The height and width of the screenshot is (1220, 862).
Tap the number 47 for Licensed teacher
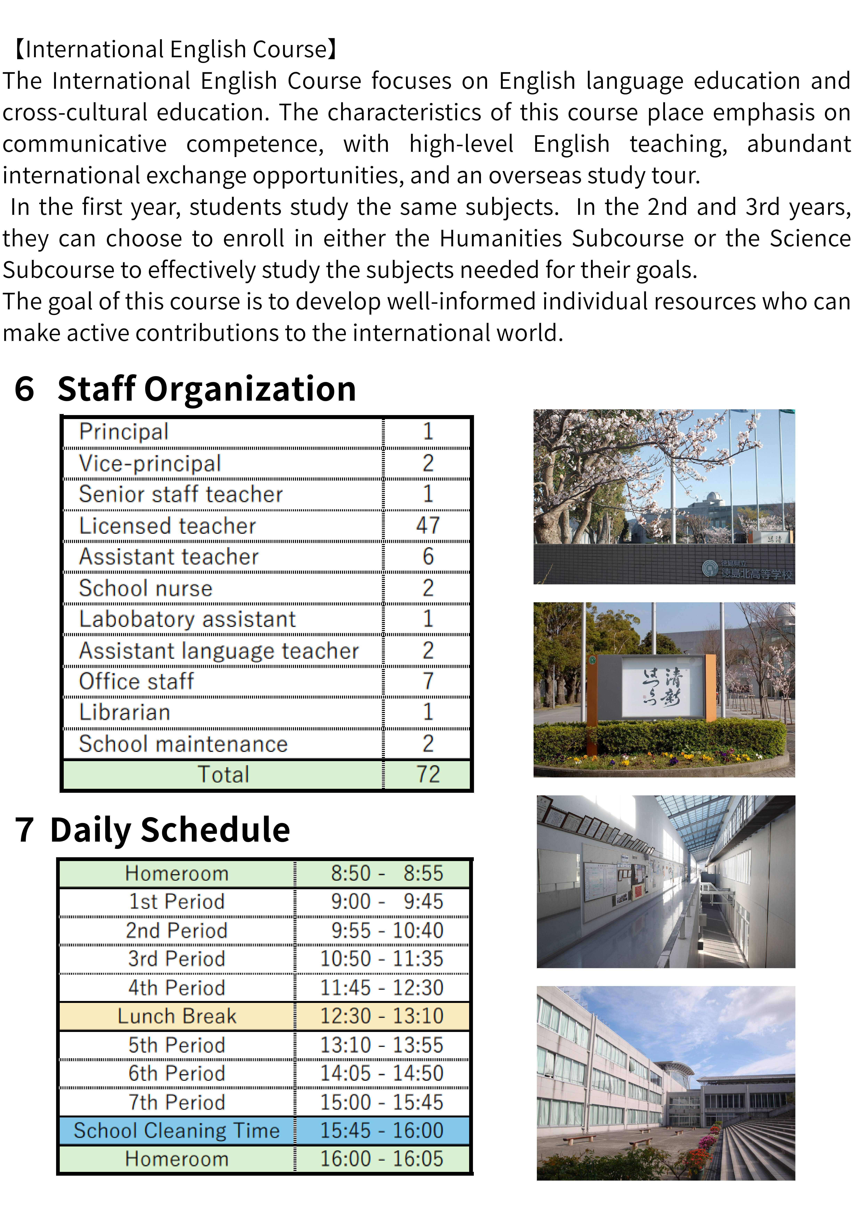428,525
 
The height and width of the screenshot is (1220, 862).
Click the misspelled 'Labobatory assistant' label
187,620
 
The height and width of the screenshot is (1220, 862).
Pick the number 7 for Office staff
428,681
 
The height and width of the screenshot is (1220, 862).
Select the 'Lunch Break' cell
177,1016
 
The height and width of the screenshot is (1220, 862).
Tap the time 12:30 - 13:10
381,1016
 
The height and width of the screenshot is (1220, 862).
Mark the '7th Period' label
177,1103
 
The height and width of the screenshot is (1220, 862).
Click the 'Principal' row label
124,431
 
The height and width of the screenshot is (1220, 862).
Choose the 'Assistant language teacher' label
219,651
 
